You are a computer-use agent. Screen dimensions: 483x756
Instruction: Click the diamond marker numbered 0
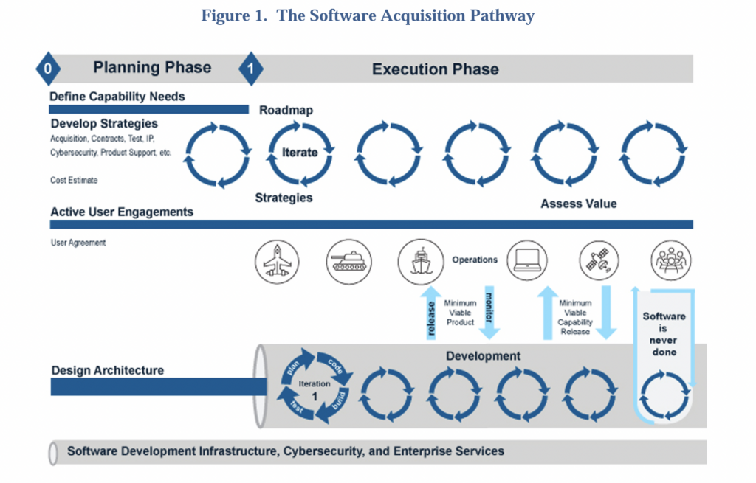point(48,69)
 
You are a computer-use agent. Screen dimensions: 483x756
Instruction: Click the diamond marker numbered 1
point(250,69)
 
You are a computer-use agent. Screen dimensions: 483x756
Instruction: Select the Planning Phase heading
point(152,68)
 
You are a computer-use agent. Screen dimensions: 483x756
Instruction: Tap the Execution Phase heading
point(435,69)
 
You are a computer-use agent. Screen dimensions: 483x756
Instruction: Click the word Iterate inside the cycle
point(300,153)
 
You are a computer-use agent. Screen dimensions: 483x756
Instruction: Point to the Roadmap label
point(286,111)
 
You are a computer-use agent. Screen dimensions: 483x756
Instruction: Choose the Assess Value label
point(578,204)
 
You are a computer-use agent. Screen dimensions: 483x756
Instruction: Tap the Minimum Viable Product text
point(460,313)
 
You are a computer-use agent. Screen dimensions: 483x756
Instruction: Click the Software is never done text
point(664,334)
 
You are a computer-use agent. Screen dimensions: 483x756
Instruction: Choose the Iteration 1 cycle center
point(315,389)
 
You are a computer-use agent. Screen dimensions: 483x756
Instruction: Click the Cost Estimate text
point(74,180)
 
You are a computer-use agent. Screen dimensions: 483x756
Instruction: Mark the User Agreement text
point(78,243)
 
